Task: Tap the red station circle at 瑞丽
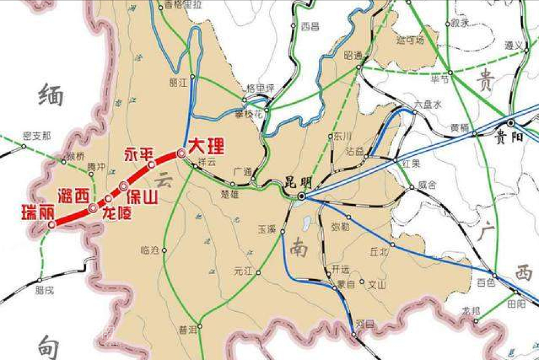coord(52,225)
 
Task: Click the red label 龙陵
coord(116,213)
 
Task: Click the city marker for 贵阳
coord(510,123)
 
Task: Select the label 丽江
coord(179,83)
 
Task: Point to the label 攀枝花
coord(249,114)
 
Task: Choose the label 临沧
coord(149,251)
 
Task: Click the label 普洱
coord(188,329)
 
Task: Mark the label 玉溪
coord(267,229)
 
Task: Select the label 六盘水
coord(428,104)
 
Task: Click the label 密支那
coord(37,136)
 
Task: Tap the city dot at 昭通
coord(359,67)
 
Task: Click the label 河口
coord(365,324)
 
